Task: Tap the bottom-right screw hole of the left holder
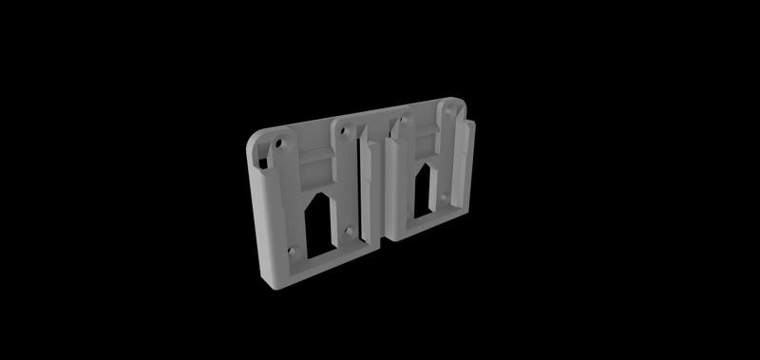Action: pos(353,230)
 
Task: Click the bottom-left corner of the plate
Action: pos(267,283)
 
